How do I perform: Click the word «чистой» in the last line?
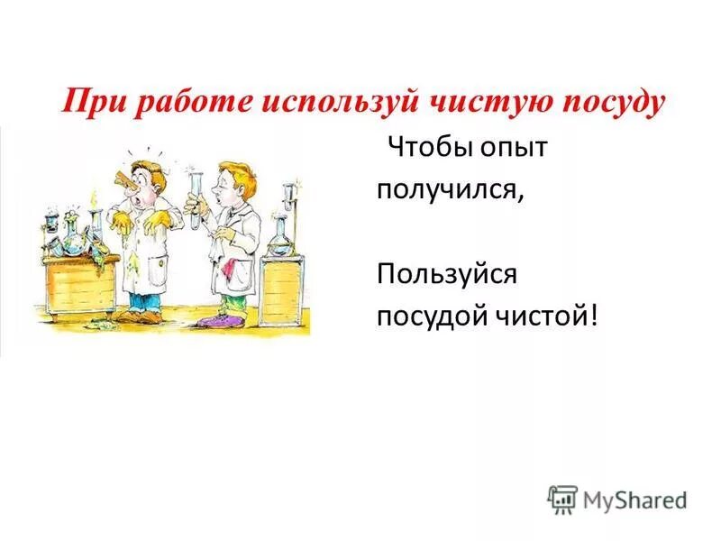click(x=550, y=316)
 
